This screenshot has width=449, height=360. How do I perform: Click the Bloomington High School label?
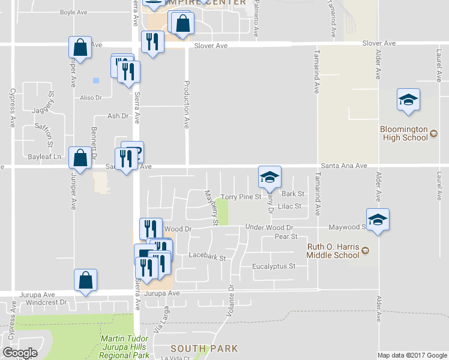pos(403,133)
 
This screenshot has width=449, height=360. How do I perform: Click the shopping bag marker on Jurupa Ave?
pos(86,280)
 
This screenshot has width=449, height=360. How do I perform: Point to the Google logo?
pos(20,353)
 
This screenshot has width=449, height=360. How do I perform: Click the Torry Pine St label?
pos(240,196)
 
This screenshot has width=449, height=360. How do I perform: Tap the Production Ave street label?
pos(187,104)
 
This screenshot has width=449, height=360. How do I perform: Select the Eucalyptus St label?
pos(274,266)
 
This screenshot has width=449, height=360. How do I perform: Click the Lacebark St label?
pos(206,257)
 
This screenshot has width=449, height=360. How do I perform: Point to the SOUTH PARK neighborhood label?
pos(203,348)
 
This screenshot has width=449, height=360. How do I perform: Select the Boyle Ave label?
pos(74,11)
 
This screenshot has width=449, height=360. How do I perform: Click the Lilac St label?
pos(289,206)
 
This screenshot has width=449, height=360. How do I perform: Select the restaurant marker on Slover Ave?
pos(152,42)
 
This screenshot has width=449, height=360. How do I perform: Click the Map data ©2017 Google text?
pos(411,355)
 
